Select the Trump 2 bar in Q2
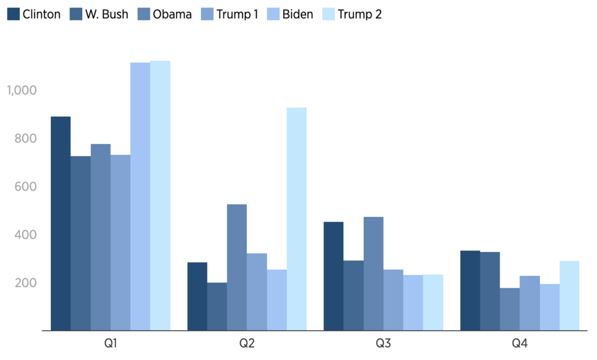click(297, 219)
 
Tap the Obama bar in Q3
click(374, 274)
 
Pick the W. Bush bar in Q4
click(490, 291)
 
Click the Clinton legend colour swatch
click(13, 14)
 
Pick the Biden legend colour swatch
click(275, 14)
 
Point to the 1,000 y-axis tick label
click(22, 90)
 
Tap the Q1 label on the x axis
click(110, 344)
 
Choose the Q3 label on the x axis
click(383, 344)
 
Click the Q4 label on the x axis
click(520, 344)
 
